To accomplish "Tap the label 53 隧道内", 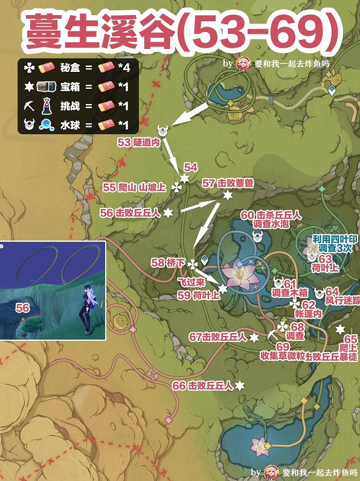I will coord(138,144).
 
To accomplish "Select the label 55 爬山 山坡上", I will coord(134,187).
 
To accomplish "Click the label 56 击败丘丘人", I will coord(129,213).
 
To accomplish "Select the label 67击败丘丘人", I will coord(218,337).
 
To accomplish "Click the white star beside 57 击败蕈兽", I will coord(228,195).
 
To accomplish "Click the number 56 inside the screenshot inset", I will coord(22,308).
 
